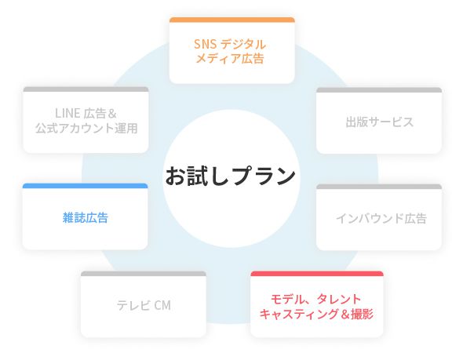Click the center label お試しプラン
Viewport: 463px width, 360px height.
point(231,176)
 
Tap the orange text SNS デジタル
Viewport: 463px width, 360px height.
point(230,45)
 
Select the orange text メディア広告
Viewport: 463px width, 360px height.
point(230,58)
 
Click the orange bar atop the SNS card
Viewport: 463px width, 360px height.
point(232,20)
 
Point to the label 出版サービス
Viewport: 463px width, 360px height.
point(380,122)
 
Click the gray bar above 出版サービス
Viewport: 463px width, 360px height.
point(379,90)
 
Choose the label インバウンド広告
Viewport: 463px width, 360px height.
point(381,218)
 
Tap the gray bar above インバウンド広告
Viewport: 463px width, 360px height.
point(379,187)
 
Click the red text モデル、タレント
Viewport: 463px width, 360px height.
point(316,300)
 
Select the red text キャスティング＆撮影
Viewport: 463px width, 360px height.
point(316,314)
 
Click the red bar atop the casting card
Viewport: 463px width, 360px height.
point(317,274)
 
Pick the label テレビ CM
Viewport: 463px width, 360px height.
point(144,305)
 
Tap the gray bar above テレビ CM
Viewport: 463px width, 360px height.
point(144,274)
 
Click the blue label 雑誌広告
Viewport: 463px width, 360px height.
point(86,218)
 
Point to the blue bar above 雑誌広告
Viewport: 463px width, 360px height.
point(85,186)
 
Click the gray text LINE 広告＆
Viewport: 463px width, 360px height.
point(86,113)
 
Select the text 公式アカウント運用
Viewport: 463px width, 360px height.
point(86,128)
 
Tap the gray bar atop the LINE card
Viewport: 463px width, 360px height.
point(86,89)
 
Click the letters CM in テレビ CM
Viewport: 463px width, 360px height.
point(162,305)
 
